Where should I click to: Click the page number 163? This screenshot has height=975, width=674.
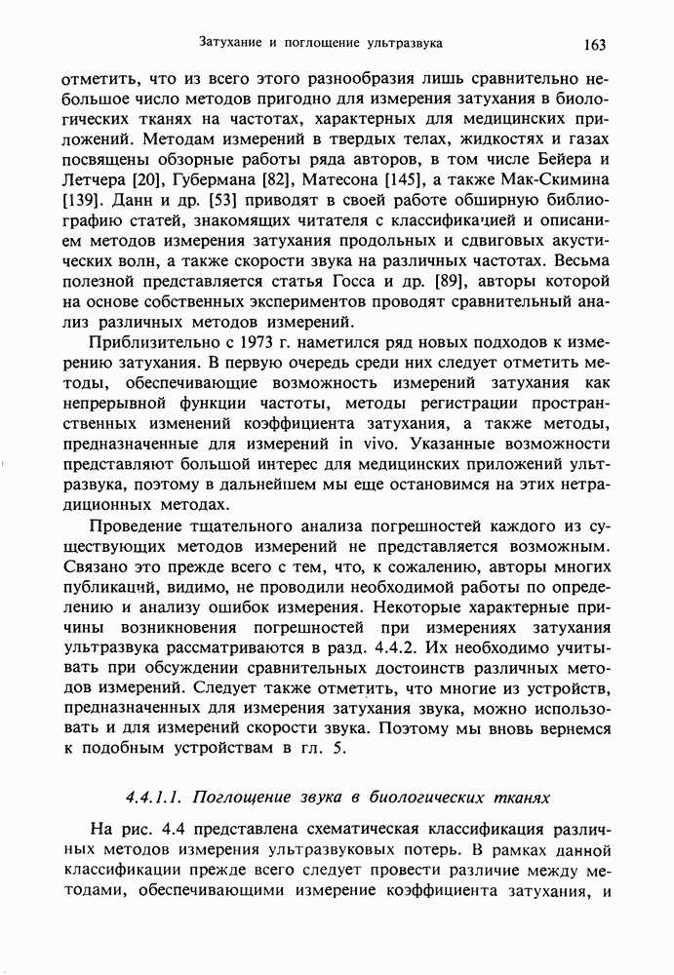click(596, 43)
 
